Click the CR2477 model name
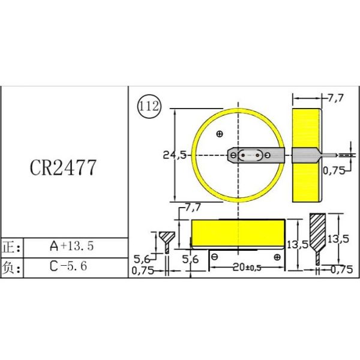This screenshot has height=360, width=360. [x=63, y=167]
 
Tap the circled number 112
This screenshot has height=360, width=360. [x=149, y=107]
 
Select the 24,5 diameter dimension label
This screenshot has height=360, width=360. [x=175, y=155]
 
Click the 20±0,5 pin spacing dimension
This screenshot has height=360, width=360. [x=247, y=267]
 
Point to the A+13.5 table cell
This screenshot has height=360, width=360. [x=71, y=246]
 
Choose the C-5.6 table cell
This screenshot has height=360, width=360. [x=68, y=266]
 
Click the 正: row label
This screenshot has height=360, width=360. [x=11, y=247]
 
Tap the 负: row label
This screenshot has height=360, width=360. [x=11, y=267]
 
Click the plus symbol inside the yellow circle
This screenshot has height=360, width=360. [x=220, y=134]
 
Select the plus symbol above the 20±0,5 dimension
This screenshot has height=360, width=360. [x=277, y=257]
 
